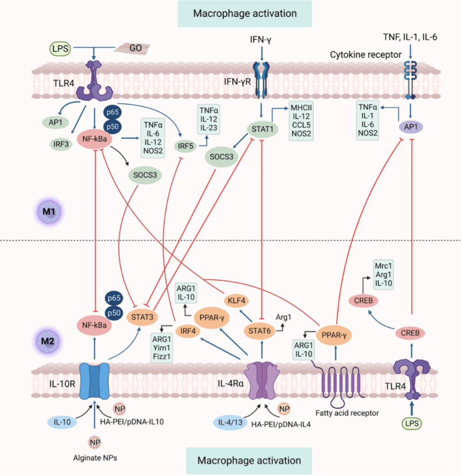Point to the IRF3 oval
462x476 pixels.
click(x=61, y=144)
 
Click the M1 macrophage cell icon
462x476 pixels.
click(x=47, y=212)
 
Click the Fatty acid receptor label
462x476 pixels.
click(x=347, y=412)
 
